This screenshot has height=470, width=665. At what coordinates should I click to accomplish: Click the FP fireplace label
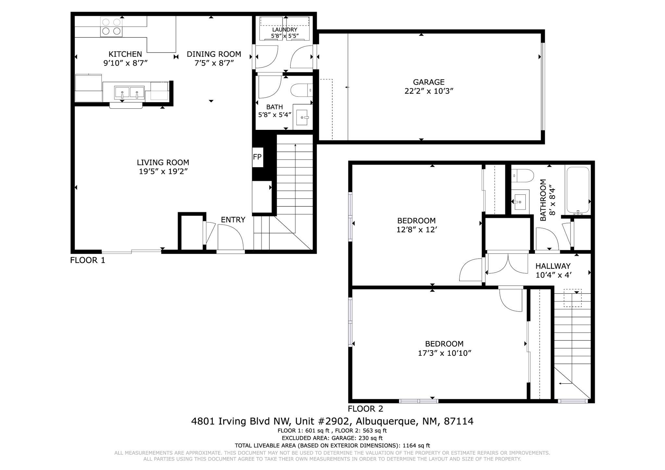point(257,157)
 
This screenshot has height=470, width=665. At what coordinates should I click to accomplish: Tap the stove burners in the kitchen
point(111,27)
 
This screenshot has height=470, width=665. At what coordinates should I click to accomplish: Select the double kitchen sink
point(129,93)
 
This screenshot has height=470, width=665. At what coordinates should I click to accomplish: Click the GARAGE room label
point(429,82)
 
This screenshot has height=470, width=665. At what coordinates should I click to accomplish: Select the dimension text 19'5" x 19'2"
point(163,171)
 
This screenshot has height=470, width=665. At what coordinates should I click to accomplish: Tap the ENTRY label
point(233,220)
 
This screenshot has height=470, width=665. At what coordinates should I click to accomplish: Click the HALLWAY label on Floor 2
point(553,266)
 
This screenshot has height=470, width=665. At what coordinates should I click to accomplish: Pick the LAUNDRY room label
point(284,30)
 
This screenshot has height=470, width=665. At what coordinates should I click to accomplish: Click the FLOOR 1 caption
point(88,260)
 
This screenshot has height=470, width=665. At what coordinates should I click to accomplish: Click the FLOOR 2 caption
point(365,409)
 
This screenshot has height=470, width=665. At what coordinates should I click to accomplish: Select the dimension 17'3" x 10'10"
point(444,353)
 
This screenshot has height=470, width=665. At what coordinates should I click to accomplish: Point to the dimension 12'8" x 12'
point(417,230)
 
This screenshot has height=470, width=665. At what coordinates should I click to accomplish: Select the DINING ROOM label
point(214,54)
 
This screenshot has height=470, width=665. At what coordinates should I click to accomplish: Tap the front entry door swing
point(230,237)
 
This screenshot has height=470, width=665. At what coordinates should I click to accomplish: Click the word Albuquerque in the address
point(386,421)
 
